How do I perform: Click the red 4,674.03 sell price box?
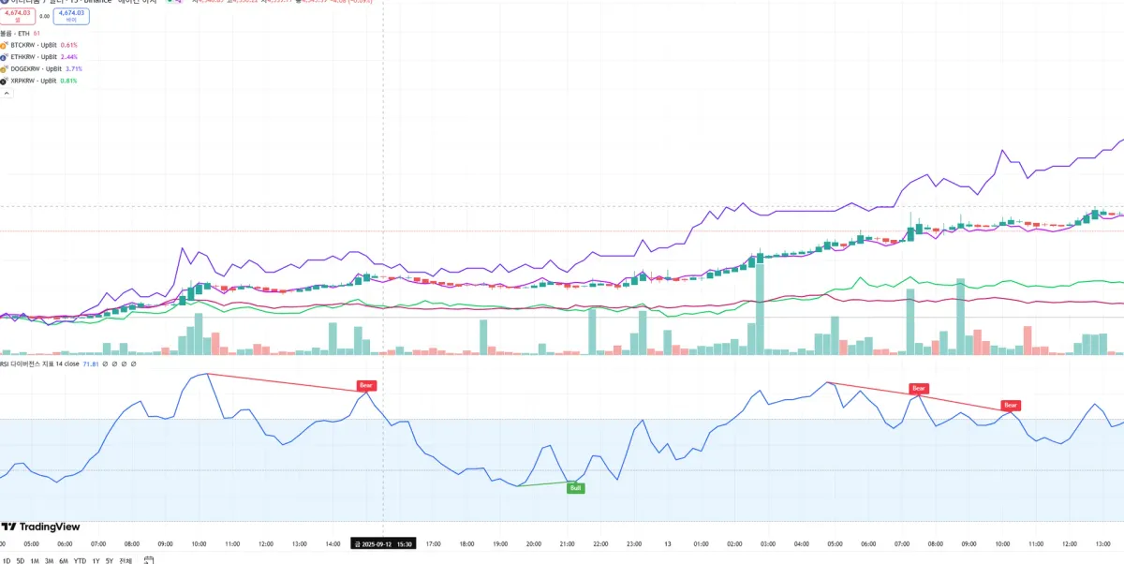[x=19, y=15]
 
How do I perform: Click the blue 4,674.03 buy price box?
[x=71, y=15]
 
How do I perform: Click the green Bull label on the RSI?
[x=576, y=488]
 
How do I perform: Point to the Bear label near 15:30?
[x=367, y=385]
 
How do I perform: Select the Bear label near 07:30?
[x=919, y=388]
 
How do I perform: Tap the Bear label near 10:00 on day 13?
[x=1010, y=406]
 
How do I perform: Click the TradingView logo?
[x=41, y=527]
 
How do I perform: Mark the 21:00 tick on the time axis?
[x=567, y=543]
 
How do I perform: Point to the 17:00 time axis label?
[x=434, y=543]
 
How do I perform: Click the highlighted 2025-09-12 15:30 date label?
[x=383, y=543]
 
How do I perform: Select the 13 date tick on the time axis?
[x=668, y=543]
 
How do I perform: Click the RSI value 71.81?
[x=91, y=364]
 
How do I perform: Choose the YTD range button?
[x=81, y=560]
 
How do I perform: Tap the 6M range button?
[x=64, y=560]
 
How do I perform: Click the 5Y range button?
[x=109, y=560]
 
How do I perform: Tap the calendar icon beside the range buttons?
[x=149, y=560]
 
